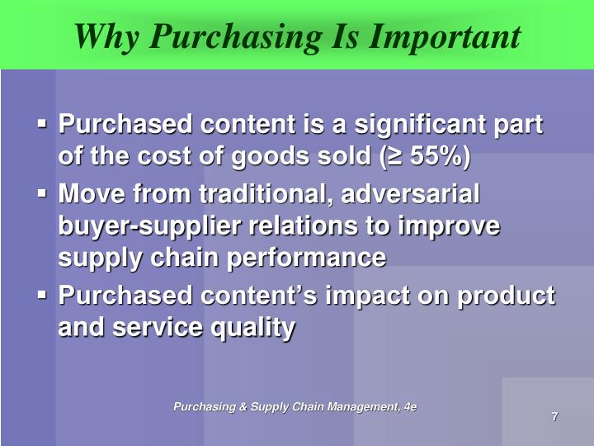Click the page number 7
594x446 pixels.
point(554,416)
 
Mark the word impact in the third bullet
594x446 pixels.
point(342,296)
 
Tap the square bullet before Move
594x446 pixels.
point(42,195)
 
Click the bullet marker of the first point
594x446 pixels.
point(42,126)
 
